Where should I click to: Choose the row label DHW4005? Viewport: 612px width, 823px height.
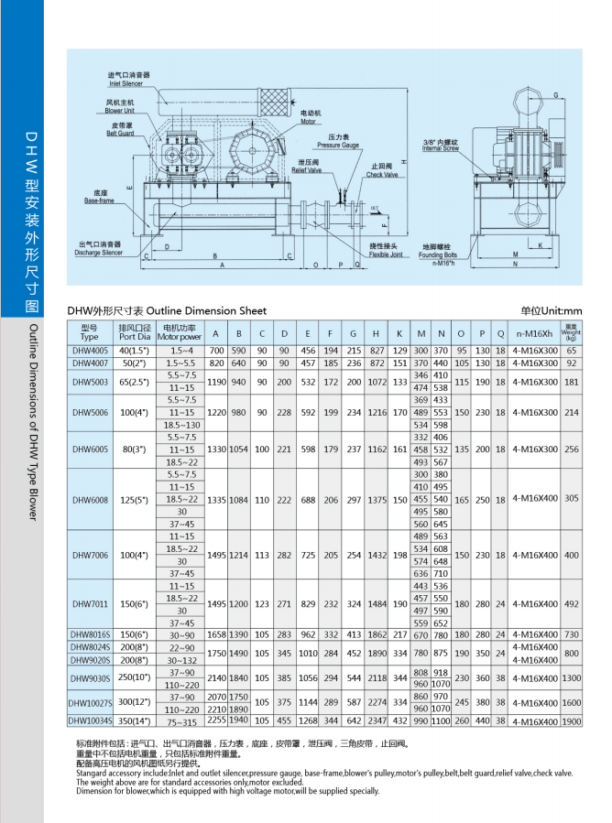[x=89, y=351]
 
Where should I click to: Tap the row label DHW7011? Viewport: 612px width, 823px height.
[x=89, y=604]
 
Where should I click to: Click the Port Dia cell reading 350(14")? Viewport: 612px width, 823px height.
[x=134, y=721]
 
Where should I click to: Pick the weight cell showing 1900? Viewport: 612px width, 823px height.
[x=572, y=721]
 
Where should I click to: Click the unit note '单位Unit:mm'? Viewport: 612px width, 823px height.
[x=551, y=310]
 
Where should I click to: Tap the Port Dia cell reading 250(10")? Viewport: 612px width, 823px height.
[x=134, y=678]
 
